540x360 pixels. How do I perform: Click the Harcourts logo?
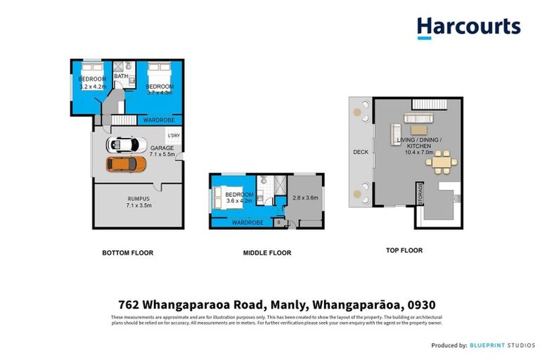(x=468, y=27)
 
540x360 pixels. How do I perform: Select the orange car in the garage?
(x=126, y=164)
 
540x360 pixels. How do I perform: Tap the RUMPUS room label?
(x=138, y=199)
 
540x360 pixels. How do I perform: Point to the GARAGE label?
(x=162, y=148)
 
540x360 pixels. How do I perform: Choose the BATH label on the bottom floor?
(x=120, y=76)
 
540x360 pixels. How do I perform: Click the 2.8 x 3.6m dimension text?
(x=306, y=198)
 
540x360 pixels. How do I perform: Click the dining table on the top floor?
(x=442, y=163)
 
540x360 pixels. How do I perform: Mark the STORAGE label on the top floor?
(x=420, y=193)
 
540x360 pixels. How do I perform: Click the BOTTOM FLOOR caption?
(x=127, y=252)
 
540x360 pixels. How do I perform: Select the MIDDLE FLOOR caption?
(x=266, y=252)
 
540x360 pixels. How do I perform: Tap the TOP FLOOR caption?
(x=404, y=250)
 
